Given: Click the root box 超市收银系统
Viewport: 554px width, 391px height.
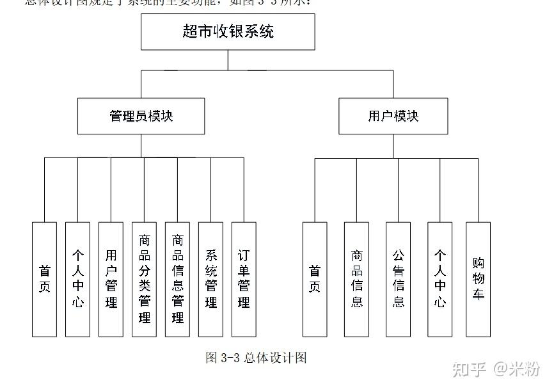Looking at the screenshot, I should (228, 32).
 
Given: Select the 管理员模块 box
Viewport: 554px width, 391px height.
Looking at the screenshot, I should (141, 116).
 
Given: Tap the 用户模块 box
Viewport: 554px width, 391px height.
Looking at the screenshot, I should (393, 116).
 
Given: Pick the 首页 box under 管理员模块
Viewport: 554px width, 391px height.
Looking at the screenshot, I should (44, 279).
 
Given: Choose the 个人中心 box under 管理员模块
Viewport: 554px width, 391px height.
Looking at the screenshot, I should (77, 279).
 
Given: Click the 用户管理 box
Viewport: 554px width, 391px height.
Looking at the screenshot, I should (111, 279).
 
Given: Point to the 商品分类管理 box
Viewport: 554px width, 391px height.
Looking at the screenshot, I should (144, 279).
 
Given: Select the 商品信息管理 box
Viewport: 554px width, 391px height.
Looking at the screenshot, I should (177, 279).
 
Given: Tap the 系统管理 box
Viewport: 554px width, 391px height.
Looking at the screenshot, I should (210, 279).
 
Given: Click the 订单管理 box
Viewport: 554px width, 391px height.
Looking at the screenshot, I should (244, 279).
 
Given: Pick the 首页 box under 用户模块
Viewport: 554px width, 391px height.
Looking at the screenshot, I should (315, 279).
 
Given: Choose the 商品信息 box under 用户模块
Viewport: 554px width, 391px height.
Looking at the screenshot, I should (356, 279).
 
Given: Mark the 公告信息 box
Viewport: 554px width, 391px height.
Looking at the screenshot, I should (398, 279).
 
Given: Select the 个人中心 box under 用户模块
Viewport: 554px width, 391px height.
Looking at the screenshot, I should (440, 279).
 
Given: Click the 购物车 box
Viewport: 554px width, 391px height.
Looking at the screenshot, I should (478, 279).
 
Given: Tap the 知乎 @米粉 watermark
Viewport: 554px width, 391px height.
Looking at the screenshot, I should (496, 369).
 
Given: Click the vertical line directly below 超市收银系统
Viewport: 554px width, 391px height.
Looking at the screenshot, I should (228, 60).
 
